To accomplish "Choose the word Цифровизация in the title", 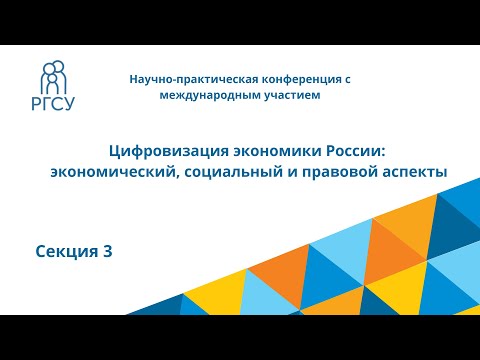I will [x=165, y=151].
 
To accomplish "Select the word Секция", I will [x=59, y=252].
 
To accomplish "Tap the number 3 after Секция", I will [x=107, y=252].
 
